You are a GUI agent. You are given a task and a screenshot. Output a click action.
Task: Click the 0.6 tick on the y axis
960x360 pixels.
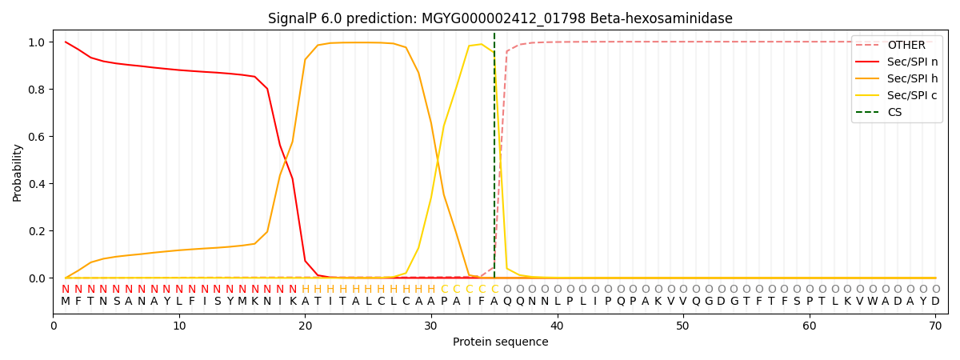pos(36,137)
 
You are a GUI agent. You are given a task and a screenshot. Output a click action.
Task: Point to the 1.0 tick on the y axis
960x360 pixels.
pos(36,42)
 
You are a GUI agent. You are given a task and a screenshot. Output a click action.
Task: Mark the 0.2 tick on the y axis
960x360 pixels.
pos(36,231)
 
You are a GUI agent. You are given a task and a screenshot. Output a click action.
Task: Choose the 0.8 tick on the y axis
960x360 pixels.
pos(36,90)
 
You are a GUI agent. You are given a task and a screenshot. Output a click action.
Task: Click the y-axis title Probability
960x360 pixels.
pos(17,172)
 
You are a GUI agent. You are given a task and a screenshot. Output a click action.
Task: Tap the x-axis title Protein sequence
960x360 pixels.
pos(500,342)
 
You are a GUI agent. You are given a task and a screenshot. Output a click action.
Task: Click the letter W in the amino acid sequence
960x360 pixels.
pos(872,302)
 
